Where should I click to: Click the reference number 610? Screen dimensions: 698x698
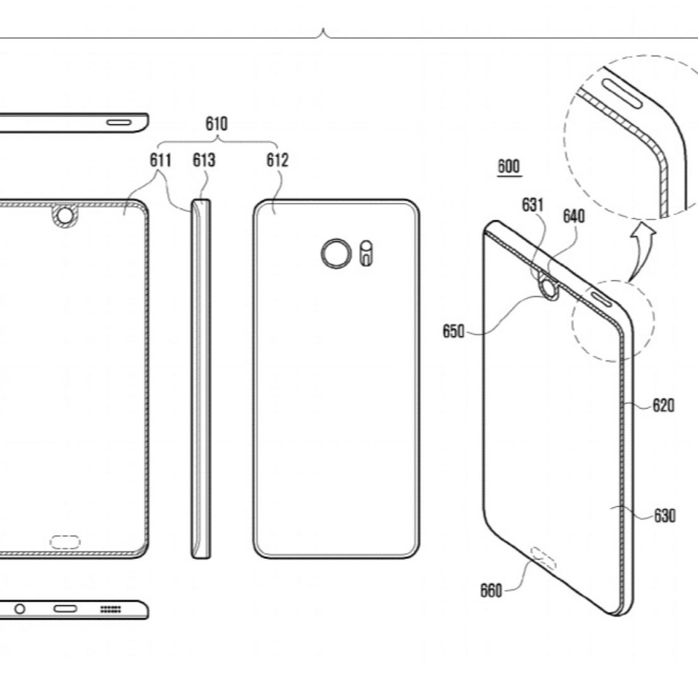click(216, 123)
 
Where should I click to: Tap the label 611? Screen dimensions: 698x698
click(161, 161)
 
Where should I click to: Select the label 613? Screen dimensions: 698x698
click(204, 161)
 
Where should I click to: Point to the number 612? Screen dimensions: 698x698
click(277, 161)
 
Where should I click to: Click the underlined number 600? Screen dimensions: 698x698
click(508, 167)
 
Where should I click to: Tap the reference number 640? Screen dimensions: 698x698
click(573, 217)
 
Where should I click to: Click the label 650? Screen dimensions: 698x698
click(453, 331)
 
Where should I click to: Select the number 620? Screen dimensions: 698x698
click(663, 405)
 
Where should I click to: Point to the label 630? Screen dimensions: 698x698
click(664, 516)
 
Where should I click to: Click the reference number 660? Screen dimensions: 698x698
click(491, 591)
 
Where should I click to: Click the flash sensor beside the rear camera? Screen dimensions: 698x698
click(365, 253)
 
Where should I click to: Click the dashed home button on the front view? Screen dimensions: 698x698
click(65, 541)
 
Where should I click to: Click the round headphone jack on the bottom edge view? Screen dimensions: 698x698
click(20, 609)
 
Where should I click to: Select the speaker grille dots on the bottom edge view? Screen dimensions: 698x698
click(111, 609)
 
